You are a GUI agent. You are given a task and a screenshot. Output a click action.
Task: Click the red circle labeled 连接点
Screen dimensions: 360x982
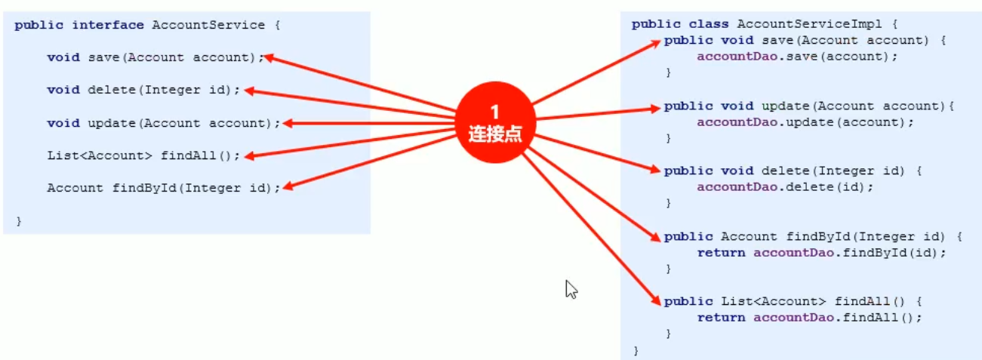pos(494,123)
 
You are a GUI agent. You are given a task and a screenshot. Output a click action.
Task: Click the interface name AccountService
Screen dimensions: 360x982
pos(208,25)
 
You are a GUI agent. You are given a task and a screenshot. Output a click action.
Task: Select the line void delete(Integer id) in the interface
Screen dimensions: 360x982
pos(143,90)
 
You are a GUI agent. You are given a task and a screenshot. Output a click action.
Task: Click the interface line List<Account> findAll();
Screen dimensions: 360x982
pos(143,155)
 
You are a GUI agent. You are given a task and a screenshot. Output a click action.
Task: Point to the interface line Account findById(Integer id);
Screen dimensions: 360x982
pos(163,188)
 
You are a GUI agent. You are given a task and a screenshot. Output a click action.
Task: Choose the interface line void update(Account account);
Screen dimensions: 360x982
pos(163,123)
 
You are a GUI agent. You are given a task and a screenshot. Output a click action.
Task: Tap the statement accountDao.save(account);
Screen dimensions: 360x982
pos(797,57)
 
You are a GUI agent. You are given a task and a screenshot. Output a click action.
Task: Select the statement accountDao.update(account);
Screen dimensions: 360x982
pos(805,122)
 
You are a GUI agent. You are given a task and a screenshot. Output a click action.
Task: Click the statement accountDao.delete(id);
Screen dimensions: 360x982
pos(785,187)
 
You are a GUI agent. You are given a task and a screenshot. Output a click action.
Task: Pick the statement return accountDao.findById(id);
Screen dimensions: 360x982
pos(821,253)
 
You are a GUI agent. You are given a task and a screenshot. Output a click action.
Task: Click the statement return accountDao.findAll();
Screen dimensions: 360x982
pos(809,318)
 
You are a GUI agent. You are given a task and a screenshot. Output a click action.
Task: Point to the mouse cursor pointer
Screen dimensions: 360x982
pos(571,289)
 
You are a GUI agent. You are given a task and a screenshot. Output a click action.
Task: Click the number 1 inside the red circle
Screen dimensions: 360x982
pos(494,112)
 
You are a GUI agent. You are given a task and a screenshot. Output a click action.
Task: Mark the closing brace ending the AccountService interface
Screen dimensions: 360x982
pos(19,221)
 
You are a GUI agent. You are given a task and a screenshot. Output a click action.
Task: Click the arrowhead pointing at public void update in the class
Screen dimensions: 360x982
pos(655,108)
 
